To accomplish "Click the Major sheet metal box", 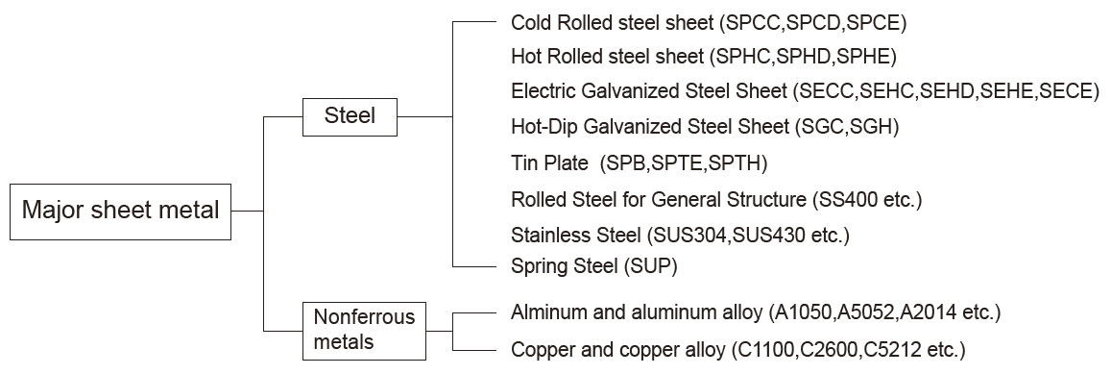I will [x=121, y=209].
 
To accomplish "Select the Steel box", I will [x=350, y=117].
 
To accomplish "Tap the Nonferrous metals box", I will [x=364, y=329].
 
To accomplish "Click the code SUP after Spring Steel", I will [x=652, y=266].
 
